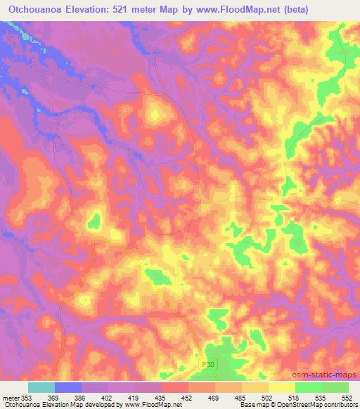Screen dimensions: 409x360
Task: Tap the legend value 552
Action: coord(347,398)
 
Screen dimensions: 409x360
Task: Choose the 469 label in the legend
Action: coord(220,398)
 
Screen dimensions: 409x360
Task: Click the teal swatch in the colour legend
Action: coord(41,387)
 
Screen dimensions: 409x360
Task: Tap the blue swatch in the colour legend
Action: coord(68,387)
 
